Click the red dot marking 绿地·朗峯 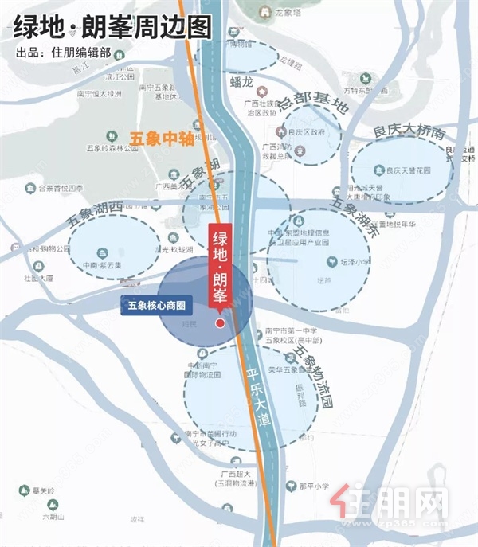pyautogui.click(x=221, y=323)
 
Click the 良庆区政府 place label pyautogui.click(x=306, y=132)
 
